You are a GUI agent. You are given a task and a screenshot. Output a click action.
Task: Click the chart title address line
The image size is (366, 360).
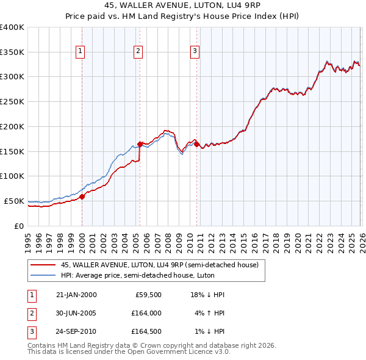pos(183,7)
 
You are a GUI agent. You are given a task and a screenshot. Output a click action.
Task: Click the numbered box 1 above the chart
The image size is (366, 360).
pos(81,51)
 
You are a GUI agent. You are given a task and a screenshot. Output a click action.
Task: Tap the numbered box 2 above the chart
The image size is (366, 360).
pos(138,51)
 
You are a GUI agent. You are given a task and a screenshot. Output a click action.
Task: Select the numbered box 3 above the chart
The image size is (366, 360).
pos(195,51)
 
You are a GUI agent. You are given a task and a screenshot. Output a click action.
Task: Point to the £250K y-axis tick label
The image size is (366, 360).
pos(12,101)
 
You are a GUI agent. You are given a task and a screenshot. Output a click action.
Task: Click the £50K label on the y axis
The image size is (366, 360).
pos(14,201)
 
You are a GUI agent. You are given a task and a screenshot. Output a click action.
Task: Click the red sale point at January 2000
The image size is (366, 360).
pos(82,196)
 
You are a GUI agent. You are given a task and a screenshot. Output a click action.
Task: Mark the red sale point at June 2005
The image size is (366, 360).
pos(140,144)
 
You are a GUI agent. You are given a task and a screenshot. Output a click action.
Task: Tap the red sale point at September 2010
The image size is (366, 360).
pos(196,144)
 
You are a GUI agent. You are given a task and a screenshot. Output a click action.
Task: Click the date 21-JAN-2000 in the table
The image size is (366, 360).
pos(76,295)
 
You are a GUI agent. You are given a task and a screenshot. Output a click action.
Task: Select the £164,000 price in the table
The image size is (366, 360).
pos(147,314)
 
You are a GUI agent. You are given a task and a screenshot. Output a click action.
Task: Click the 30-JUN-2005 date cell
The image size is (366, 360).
pos(76,314)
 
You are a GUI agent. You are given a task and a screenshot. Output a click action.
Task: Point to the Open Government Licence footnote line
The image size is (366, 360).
pos(129,352)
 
